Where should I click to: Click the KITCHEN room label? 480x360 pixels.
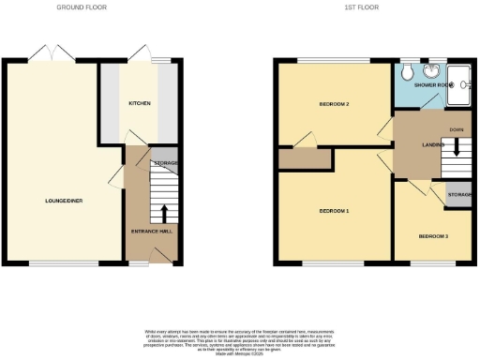[x=140, y=104]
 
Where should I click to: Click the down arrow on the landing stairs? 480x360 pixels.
[x=457, y=147]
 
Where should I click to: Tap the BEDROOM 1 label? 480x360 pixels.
[x=334, y=211]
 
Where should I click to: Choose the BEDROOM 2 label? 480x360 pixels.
[x=307, y=104]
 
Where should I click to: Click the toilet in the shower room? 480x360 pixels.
[x=407, y=73]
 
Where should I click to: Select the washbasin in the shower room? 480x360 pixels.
[x=432, y=73]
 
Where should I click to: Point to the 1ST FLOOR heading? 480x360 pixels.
[x=367, y=7]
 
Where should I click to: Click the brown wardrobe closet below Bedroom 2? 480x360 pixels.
[x=305, y=158]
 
